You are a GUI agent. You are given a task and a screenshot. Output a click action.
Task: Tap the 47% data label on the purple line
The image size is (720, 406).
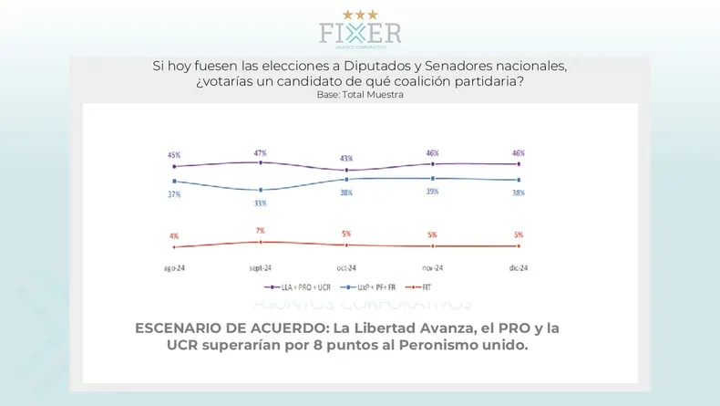[261, 153]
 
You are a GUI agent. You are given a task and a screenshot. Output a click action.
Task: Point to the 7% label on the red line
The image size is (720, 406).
[261, 231]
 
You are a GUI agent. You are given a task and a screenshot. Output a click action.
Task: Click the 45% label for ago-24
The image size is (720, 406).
[173, 154]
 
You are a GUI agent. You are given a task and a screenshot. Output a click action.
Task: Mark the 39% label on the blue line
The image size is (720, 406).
[432, 192]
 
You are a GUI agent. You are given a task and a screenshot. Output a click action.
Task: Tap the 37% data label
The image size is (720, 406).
[173, 194]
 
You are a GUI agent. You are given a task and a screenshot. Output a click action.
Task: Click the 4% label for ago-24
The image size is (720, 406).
[173, 236]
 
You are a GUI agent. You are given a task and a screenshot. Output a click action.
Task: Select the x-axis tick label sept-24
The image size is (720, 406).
[261, 268]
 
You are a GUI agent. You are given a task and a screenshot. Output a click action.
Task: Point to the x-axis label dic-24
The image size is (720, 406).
[518, 268]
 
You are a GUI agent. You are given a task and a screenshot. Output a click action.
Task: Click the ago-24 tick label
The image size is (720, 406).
[175, 268]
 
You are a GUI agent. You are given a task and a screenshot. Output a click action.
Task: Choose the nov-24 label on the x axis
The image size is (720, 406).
[432, 268]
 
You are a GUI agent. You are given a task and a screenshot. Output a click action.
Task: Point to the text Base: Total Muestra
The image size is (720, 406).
[359, 94]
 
